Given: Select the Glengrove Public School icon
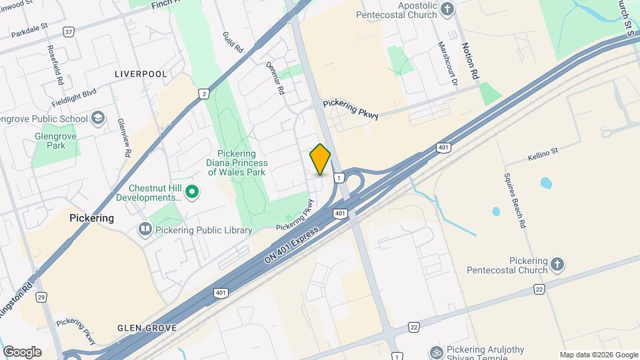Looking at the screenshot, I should click(98, 119).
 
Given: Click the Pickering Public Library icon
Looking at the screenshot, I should click(145, 230).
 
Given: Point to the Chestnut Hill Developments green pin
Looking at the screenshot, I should click(193, 193).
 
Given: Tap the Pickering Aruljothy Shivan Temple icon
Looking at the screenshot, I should click(436, 351).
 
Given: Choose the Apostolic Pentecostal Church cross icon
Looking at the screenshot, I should click(447, 9).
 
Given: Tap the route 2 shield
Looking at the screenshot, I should click(203, 94).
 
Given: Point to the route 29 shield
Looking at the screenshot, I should click(41, 297).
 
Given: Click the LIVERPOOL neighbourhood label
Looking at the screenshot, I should click(141, 73).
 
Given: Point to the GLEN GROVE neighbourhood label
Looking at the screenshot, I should click(147, 328).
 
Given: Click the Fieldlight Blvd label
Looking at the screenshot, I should click(74, 99).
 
